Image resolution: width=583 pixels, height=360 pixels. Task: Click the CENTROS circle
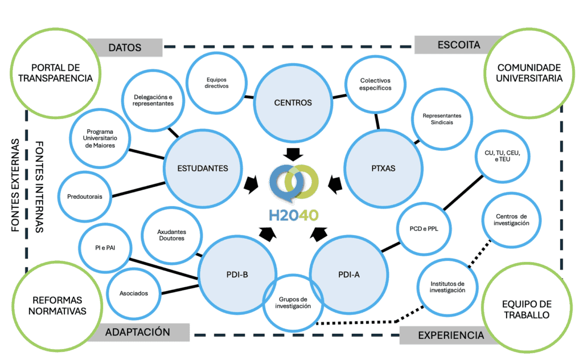[x=293, y=103]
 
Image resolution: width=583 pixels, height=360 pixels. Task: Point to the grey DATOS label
[x=124, y=47]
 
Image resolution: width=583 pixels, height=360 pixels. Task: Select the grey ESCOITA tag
[x=459, y=44]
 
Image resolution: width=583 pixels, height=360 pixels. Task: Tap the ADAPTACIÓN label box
[x=138, y=332]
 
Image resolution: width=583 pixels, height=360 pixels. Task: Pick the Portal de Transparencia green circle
[x=55, y=72]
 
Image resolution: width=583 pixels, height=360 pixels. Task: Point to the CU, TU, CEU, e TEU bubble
[x=503, y=158]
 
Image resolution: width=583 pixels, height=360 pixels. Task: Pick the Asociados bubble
[x=134, y=293]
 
